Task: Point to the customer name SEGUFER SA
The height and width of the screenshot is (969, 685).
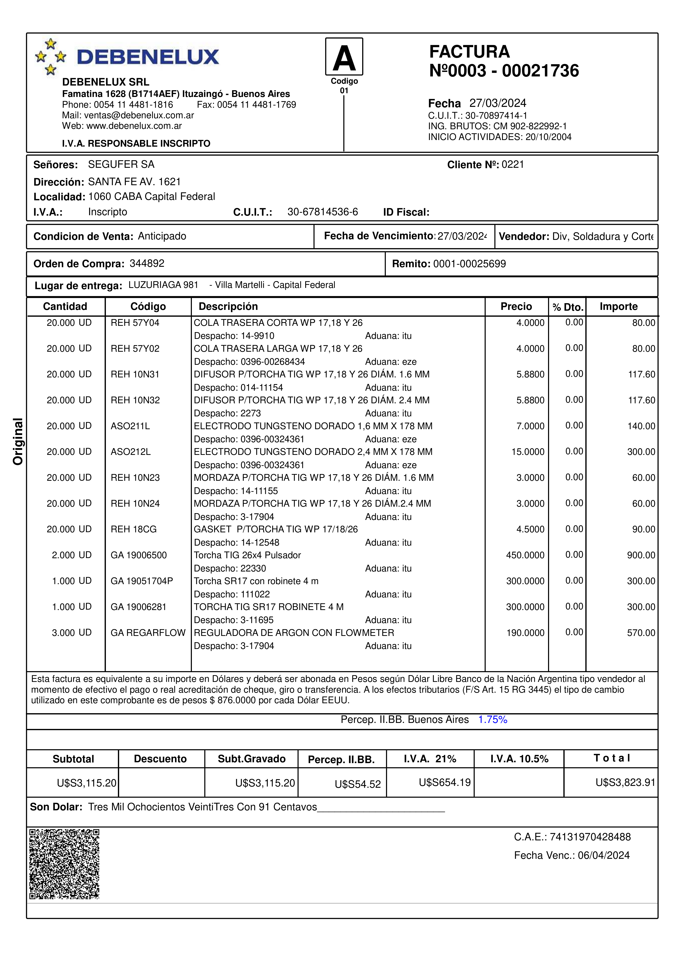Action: click(x=121, y=164)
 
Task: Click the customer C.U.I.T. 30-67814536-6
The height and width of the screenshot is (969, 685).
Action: click(x=322, y=212)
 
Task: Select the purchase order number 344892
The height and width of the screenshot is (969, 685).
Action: click(x=147, y=263)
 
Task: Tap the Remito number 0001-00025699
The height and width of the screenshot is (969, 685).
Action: click(x=469, y=264)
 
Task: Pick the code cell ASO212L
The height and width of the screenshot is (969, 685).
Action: click(x=130, y=452)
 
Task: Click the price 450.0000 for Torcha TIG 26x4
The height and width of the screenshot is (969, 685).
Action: click(x=525, y=555)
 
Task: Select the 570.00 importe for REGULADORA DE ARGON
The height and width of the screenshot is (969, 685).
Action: click(x=641, y=633)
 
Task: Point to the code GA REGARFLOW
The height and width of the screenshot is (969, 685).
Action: click(x=148, y=633)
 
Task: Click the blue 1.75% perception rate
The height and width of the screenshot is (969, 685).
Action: click(x=492, y=720)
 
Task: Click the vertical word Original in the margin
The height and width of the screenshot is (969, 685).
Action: click(x=18, y=441)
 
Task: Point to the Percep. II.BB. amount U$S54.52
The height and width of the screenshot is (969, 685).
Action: click(x=357, y=784)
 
